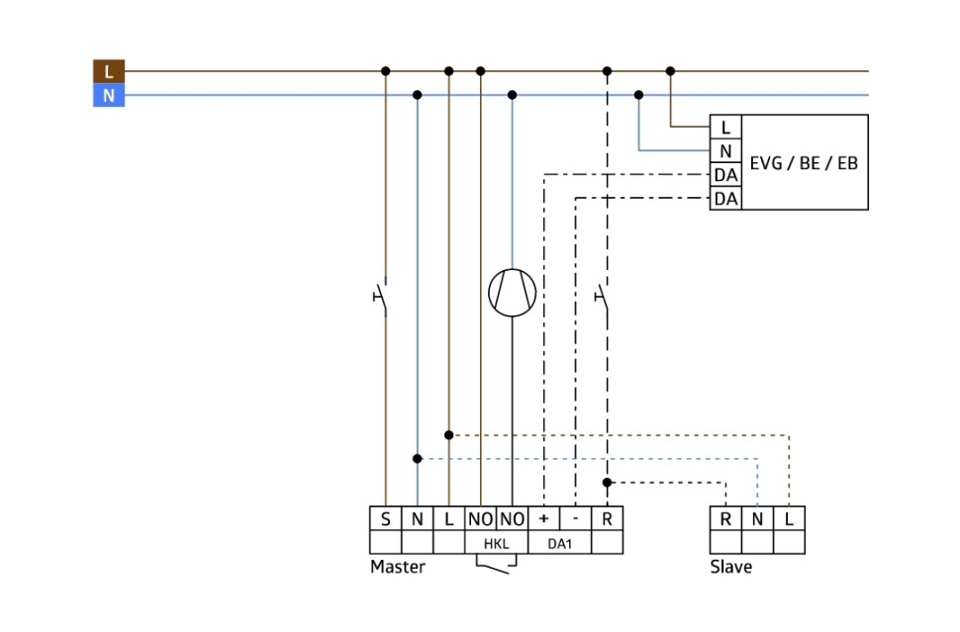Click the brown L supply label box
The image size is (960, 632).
coord(109,71)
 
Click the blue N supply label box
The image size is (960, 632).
coord(109,96)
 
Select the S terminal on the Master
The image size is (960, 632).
coord(385,518)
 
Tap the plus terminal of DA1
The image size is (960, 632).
coord(543,518)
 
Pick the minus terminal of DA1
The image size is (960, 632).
coord(575,518)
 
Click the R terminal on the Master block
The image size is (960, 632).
coord(607,518)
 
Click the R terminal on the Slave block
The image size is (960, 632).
coord(725,518)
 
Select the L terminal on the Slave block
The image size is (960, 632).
coord(789,518)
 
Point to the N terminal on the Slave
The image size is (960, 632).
coord(757,518)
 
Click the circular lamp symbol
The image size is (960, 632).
coord(512,293)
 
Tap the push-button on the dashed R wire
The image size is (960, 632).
coord(603,295)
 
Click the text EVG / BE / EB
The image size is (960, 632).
coord(803,162)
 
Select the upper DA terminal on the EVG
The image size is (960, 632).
coord(725,175)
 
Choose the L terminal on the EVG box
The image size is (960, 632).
coord(725,127)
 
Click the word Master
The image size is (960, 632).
coord(397,567)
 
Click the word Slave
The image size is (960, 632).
coord(730,567)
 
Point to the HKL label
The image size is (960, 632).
coord(495,543)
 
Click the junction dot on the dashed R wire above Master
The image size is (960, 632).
coord(607,483)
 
